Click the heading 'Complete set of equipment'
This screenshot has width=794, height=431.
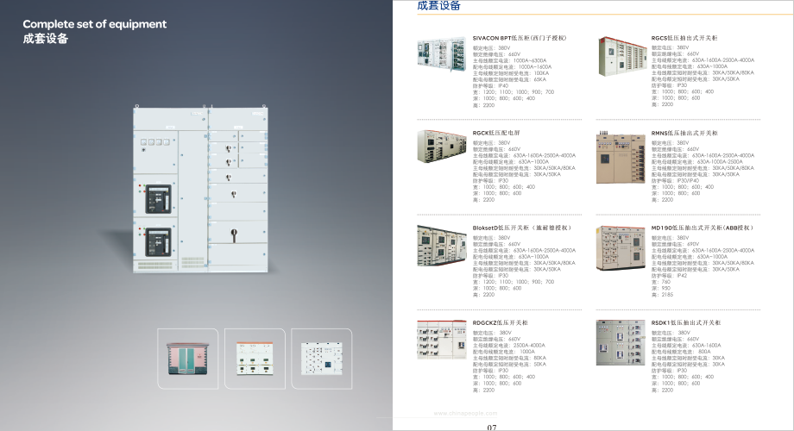pyautogui.click(x=94, y=24)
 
